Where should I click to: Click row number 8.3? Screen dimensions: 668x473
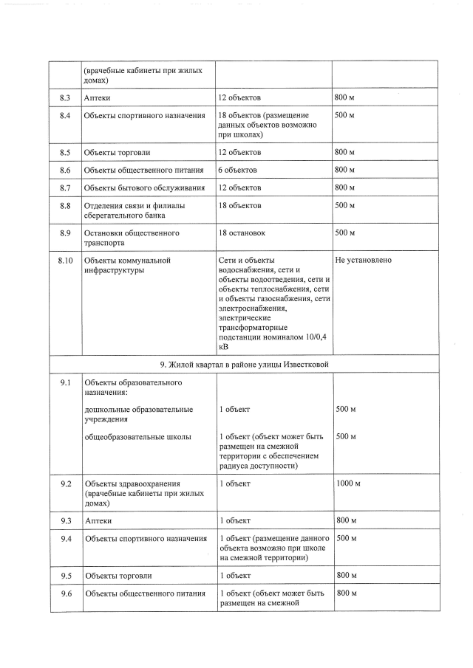(64, 97)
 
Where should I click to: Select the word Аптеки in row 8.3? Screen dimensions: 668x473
(98, 97)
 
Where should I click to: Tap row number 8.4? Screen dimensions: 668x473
(64, 116)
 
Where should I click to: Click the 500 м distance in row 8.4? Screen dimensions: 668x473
(345, 116)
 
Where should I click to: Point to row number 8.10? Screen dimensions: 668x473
(65, 261)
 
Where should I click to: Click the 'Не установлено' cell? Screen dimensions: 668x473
(363, 261)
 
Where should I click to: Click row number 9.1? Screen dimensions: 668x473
(65, 382)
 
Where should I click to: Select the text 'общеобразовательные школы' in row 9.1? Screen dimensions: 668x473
(138, 437)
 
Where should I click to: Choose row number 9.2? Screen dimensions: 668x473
(65, 483)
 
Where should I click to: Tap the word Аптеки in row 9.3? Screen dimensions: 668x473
(98, 520)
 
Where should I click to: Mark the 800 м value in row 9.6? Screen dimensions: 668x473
(345, 593)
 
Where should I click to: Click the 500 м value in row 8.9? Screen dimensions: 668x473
(345, 233)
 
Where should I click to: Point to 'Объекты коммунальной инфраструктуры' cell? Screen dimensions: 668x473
(128, 265)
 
